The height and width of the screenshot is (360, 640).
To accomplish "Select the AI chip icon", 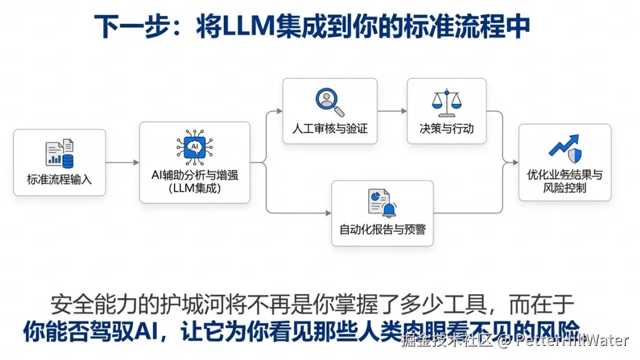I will coord(194,147).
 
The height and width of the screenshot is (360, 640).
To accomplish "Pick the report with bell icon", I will coord(382,203).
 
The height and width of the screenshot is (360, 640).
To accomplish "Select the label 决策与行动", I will coord(446,129).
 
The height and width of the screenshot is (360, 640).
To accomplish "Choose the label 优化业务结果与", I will coord(565,174).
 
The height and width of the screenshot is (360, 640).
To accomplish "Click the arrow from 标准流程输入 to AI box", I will coord(122,163).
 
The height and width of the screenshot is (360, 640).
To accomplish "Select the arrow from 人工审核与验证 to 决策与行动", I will coord(392,111).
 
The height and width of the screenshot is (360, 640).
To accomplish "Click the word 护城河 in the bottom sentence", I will coord(218,304).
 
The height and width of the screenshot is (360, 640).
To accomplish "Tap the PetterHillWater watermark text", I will coord(571,340).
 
